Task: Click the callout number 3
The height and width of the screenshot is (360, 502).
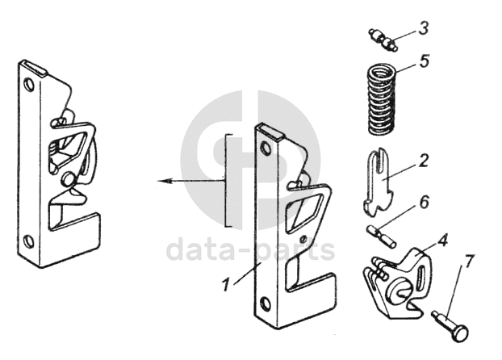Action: (x=424, y=27)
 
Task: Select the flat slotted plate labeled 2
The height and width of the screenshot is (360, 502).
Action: (x=378, y=182)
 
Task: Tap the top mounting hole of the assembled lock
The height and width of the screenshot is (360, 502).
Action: (x=28, y=84)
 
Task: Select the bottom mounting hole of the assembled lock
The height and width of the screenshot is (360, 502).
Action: (x=28, y=240)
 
